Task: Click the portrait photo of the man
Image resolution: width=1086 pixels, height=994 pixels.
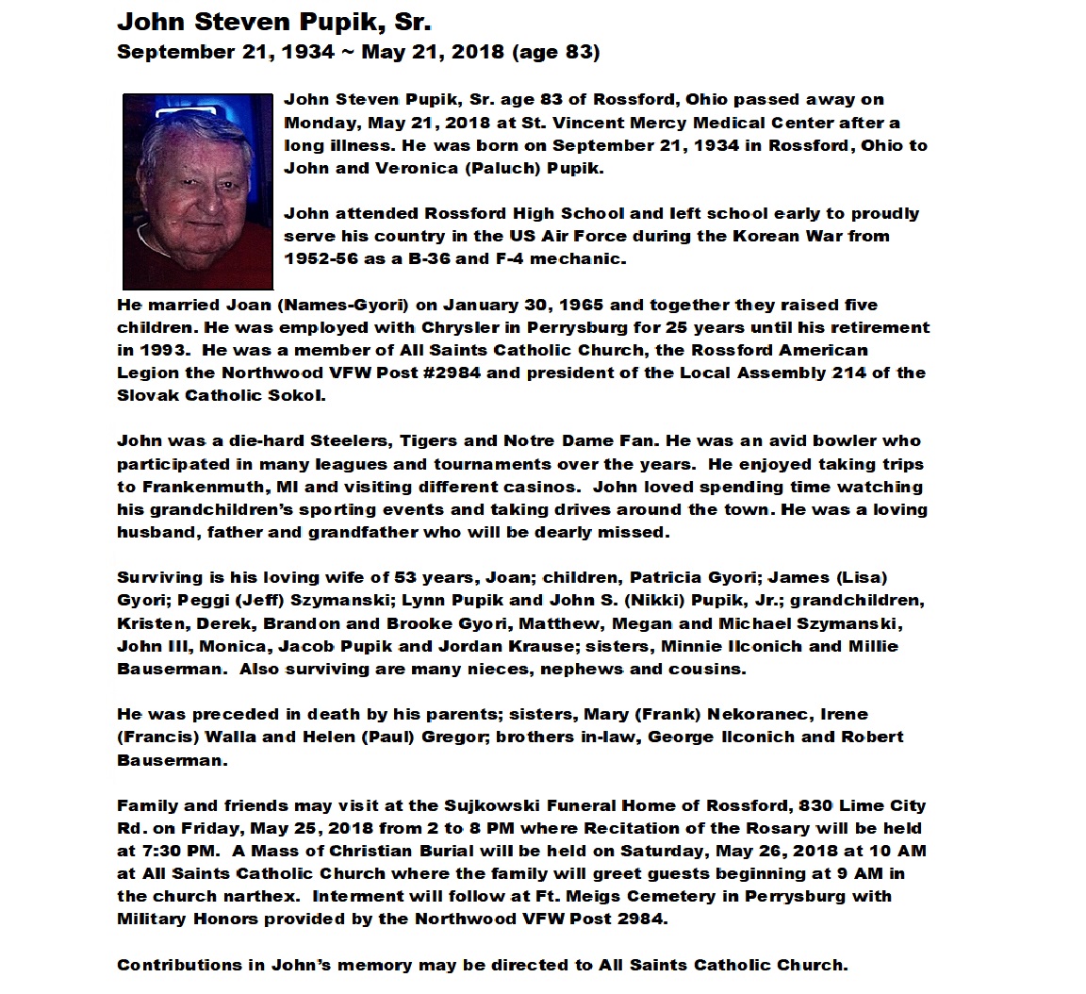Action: pos(198,191)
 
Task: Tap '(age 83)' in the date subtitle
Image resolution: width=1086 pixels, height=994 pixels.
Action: pos(555,52)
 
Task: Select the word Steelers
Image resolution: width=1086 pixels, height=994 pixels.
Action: pos(350,441)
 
